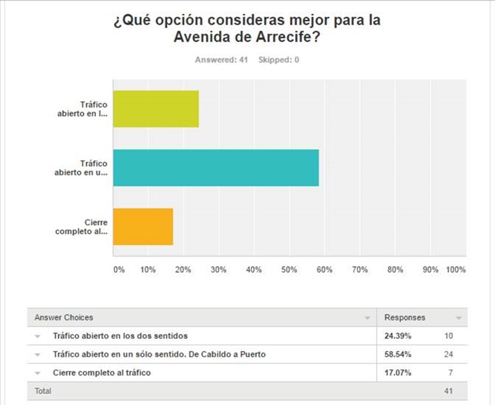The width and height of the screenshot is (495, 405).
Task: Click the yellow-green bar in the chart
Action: click(x=156, y=109)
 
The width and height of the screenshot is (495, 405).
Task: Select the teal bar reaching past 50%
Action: click(x=216, y=168)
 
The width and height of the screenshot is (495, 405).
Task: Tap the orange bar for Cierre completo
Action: click(x=143, y=226)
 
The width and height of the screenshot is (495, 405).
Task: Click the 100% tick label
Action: click(x=455, y=270)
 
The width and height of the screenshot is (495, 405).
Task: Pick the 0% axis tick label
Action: click(x=119, y=270)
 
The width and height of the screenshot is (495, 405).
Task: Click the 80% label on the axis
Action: click(x=395, y=270)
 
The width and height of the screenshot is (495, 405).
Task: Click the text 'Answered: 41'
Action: click(x=222, y=60)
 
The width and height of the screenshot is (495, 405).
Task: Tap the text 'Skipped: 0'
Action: click(x=278, y=60)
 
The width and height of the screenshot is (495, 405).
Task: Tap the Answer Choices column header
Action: click(x=64, y=318)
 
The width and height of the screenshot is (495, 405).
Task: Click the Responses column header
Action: click(x=405, y=318)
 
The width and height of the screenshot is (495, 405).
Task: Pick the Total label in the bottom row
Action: click(x=43, y=391)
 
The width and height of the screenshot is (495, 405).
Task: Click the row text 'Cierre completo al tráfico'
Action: click(x=101, y=373)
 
